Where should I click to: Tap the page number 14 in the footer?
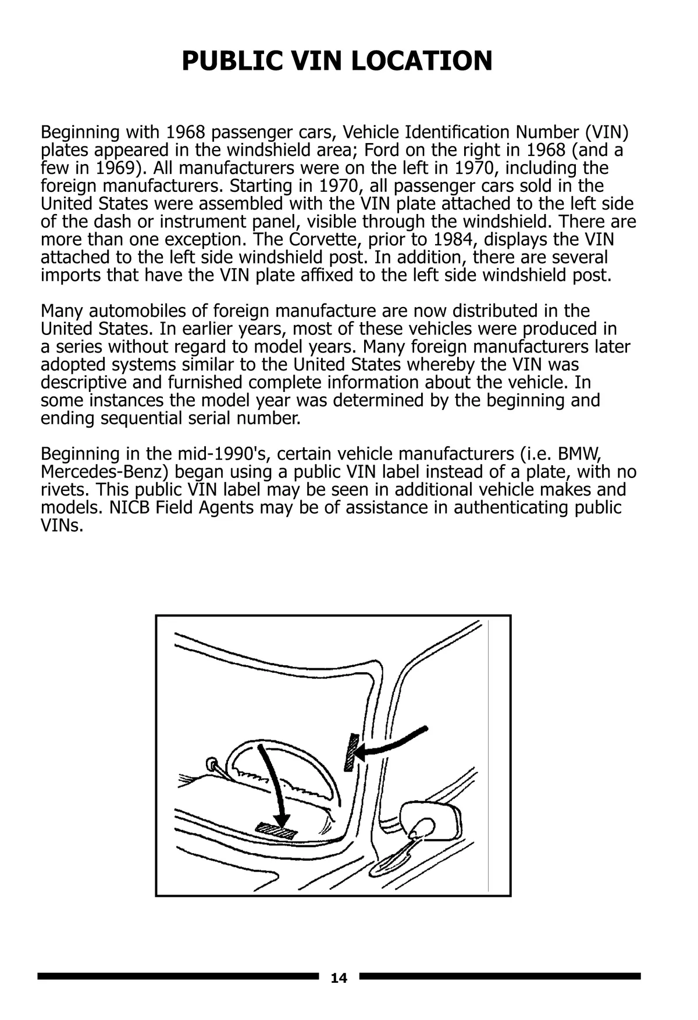339,978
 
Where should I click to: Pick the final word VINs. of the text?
62,526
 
